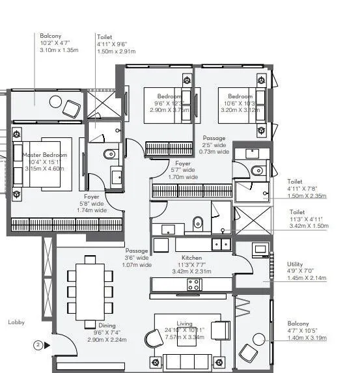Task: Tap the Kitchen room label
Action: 193,257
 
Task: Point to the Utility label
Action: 295,265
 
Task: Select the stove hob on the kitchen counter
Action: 194,284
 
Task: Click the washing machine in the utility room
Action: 260,250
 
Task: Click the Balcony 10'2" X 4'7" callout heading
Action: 51,37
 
